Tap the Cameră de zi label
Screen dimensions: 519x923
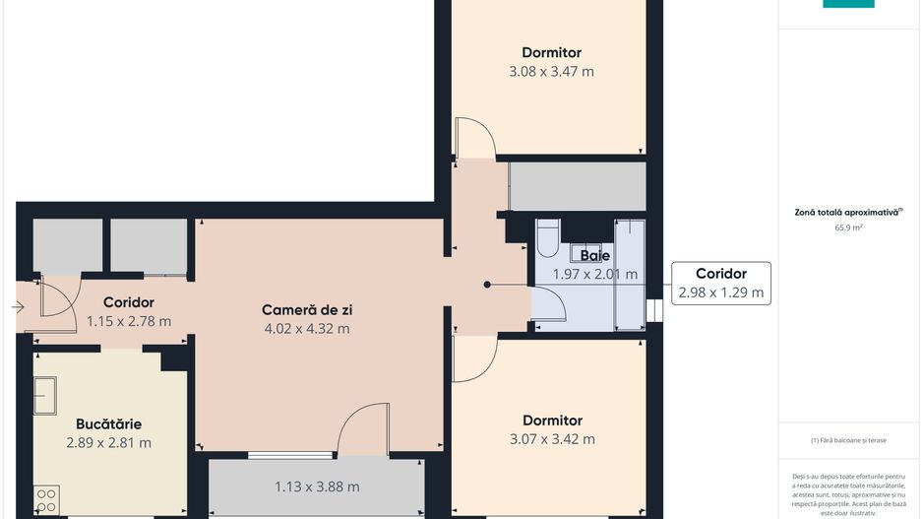[306, 309]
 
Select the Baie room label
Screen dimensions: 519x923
[594, 256]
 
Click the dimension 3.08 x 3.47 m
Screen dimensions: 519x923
[551, 71]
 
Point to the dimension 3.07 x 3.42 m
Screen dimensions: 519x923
[552, 439]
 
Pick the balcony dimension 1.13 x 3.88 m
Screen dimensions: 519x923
[316, 486]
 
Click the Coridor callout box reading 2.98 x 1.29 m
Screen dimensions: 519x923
[720, 283]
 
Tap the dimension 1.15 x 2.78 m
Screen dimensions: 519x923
[128, 321]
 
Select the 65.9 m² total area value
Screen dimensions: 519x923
[848, 227]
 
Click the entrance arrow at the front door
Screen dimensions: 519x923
[19, 307]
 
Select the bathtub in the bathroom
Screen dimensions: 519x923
[629, 274]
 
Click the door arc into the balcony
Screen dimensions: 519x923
[361, 433]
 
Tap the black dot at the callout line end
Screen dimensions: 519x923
[486, 285]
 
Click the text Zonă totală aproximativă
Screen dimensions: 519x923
[846, 212]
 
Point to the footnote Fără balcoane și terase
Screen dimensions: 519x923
[848, 440]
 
